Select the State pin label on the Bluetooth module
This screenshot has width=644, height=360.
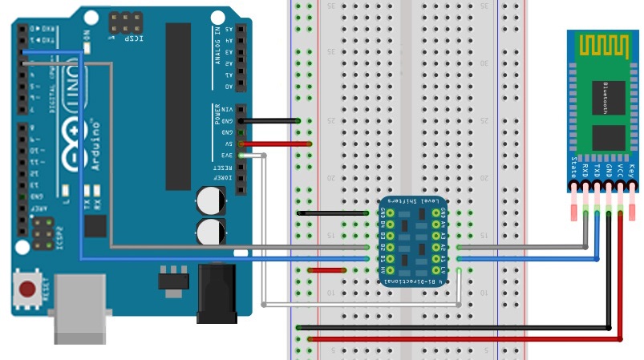click(x=573, y=169)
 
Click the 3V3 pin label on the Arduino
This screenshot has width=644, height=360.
click(x=227, y=156)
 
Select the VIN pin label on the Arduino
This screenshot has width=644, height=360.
click(x=227, y=109)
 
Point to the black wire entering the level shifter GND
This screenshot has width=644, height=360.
click(x=337, y=213)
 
